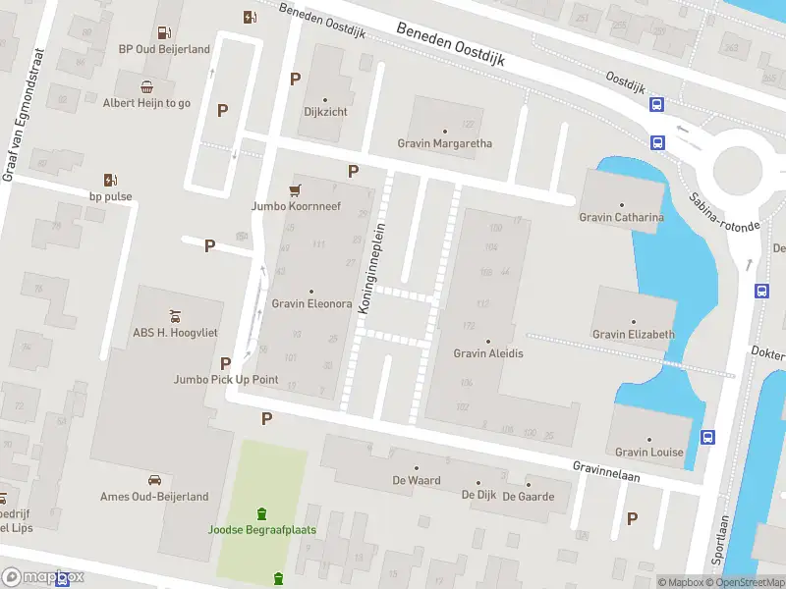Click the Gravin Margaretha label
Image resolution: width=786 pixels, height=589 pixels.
click(445, 143)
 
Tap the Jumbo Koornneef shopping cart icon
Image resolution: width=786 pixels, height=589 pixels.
click(294, 189)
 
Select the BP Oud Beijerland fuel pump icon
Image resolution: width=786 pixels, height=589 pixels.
click(251, 16)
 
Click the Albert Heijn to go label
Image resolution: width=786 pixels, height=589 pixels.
click(146, 102)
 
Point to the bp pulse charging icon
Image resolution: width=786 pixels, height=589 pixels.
click(110, 180)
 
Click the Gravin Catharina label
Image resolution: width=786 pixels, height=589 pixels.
click(621, 217)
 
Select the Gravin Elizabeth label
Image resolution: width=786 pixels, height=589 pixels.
click(634, 334)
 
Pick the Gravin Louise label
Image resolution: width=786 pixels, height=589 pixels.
click(648, 452)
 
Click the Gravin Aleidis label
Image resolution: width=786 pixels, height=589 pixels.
click(488, 352)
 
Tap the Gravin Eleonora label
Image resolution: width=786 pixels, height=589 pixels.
click(311, 303)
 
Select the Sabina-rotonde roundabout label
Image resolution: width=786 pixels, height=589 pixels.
click(724, 210)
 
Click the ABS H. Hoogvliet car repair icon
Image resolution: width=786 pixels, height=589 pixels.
click(175, 315)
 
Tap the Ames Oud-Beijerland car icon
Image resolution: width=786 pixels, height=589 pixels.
click(154, 480)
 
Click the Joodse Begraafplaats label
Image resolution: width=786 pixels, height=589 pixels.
click(260, 529)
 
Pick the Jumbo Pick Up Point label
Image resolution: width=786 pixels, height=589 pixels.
click(226, 379)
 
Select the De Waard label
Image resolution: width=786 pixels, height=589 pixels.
click(417, 480)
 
